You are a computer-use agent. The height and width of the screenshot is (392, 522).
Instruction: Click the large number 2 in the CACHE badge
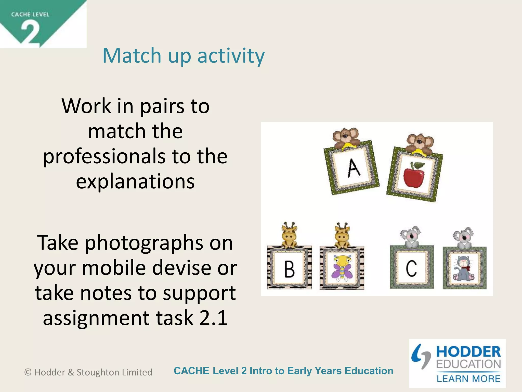pos(30,33)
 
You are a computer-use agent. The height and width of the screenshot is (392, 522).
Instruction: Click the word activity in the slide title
pos(231,56)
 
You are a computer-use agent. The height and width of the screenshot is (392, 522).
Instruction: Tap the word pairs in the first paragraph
pos(162,106)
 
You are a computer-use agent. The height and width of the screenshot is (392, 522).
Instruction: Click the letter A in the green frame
pos(354,168)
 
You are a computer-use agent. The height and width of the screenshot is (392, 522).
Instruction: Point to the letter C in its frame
pos(411,268)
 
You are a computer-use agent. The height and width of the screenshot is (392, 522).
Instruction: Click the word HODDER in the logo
pos(468,352)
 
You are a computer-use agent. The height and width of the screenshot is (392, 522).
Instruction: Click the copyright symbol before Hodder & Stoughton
pos(28,372)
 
